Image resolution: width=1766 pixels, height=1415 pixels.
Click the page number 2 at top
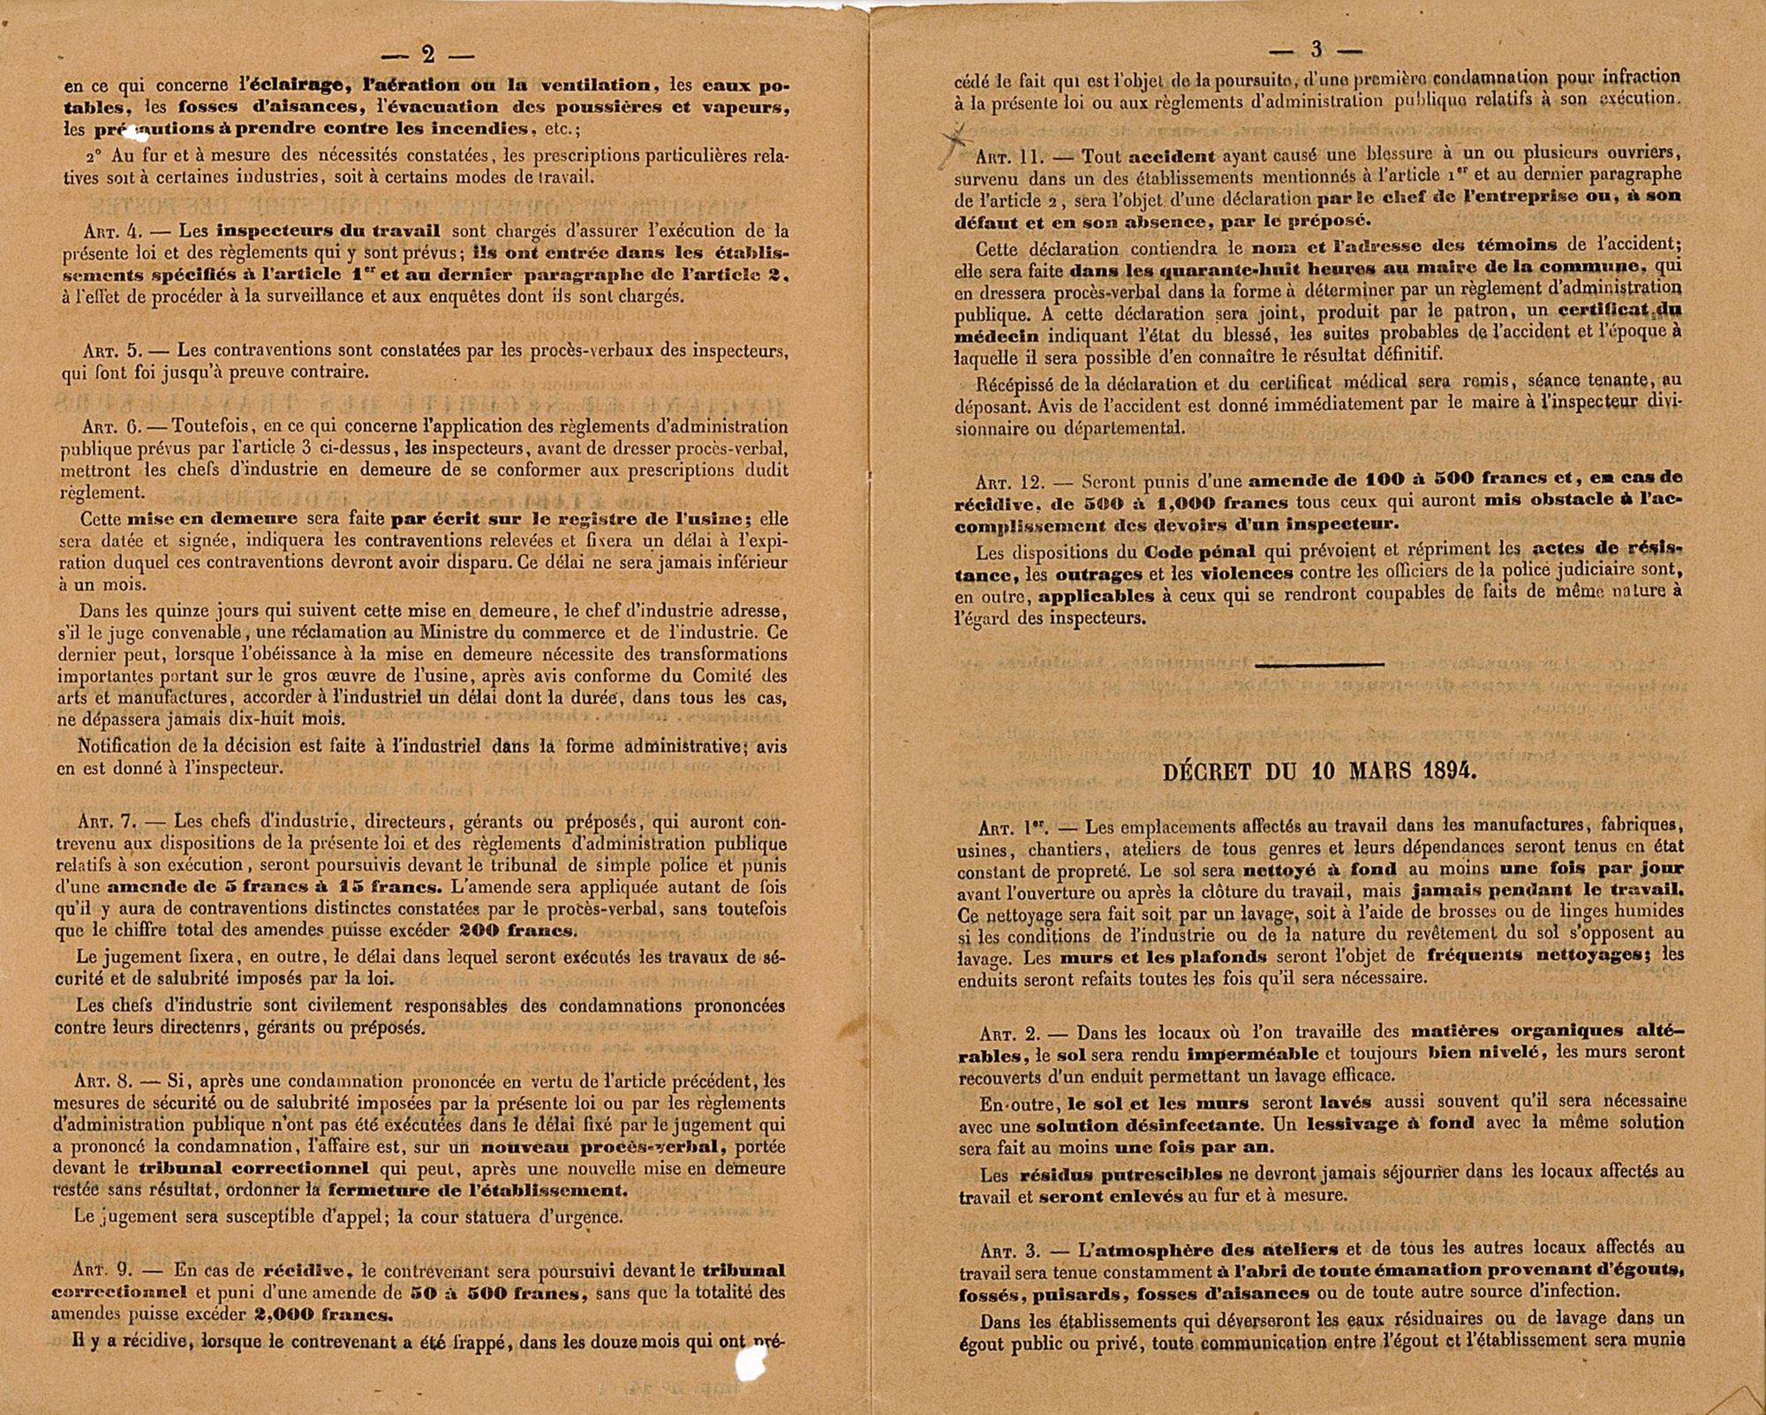[428, 55]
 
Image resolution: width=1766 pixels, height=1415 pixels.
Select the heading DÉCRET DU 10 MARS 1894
[1319, 771]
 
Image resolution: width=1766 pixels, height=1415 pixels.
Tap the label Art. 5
[113, 350]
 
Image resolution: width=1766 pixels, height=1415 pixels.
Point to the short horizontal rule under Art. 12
[1319, 665]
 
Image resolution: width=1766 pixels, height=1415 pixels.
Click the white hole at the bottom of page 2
[750, 1366]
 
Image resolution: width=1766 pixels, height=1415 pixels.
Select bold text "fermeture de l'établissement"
[477, 1189]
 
